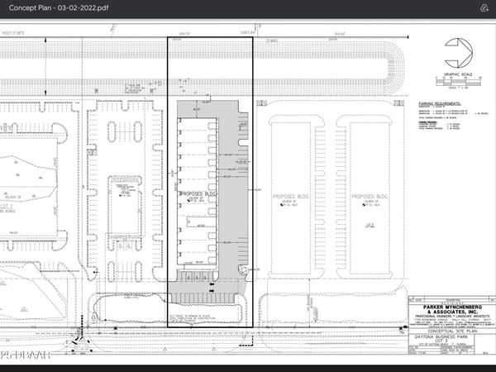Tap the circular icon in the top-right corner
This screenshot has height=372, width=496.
click(x=482, y=7)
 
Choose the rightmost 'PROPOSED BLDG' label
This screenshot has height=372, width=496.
click(x=366, y=197)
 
